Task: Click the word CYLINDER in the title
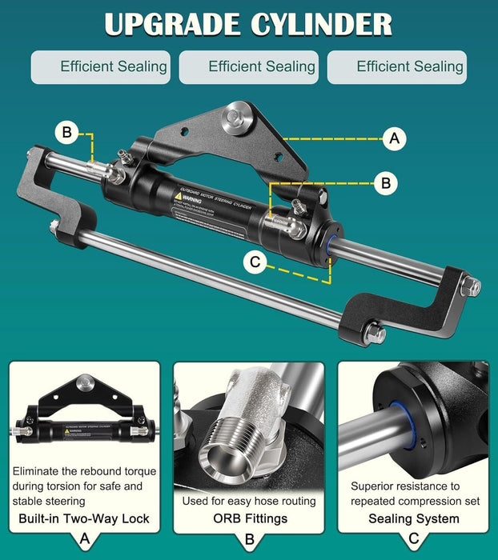click(x=319, y=24)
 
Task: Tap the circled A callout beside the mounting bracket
click(x=393, y=138)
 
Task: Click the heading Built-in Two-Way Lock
click(x=84, y=518)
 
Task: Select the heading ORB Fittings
click(x=249, y=518)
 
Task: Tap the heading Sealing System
click(x=416, y=518)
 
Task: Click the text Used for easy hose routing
click(x=249, y=502)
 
